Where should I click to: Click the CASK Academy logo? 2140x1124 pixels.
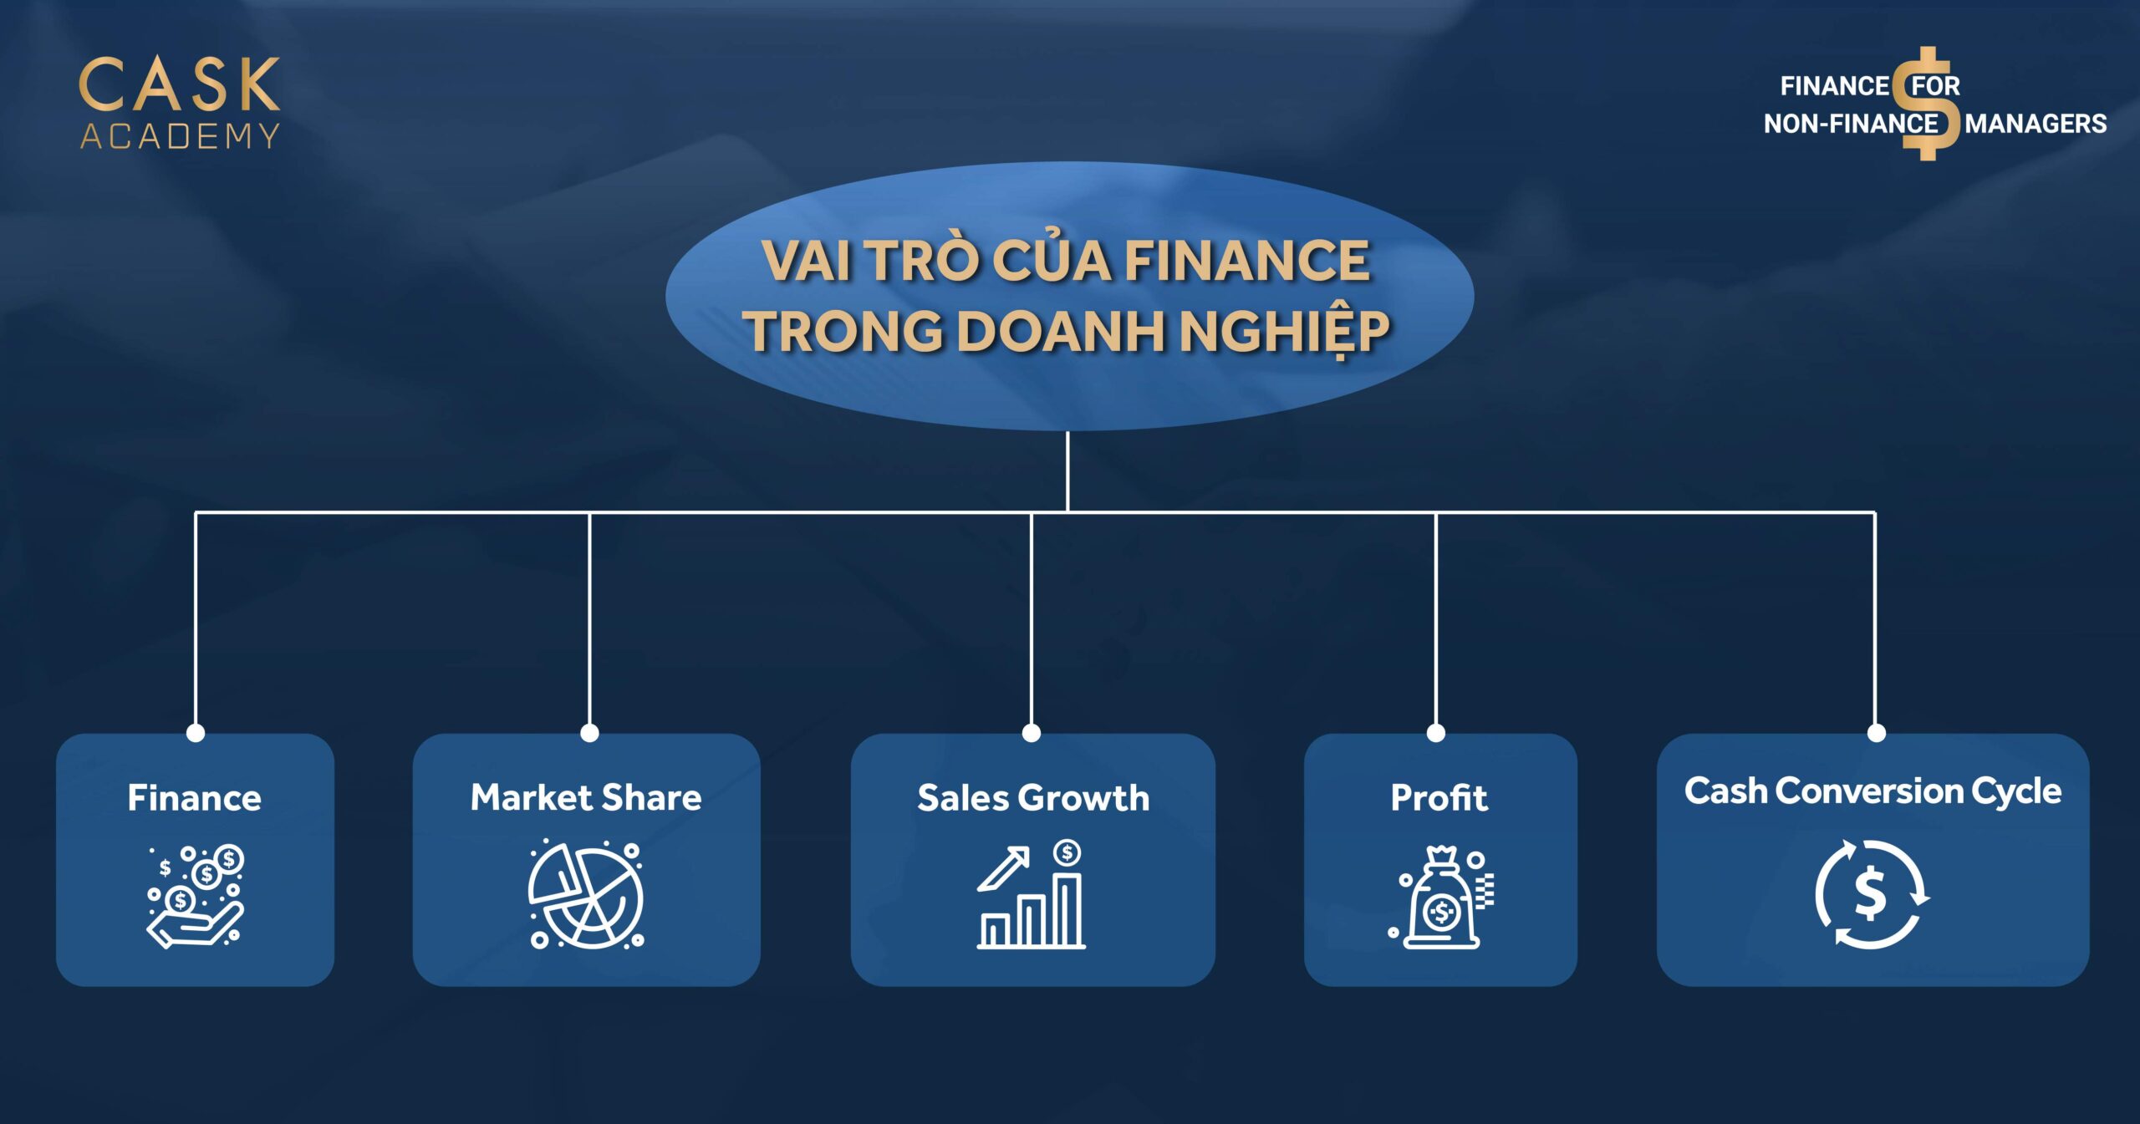click(x=180, y=103)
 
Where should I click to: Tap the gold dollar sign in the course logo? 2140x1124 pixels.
click(x=1927, y=104)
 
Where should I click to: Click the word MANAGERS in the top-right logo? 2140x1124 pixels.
click(x=2036, y=124)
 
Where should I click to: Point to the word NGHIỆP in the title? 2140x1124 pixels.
click(x=1283, y=332)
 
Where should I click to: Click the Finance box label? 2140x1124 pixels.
click(x=195, y=798)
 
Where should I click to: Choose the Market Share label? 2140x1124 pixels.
click(x=586, y=797)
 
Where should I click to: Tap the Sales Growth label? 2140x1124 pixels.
click(x=1033, y=798)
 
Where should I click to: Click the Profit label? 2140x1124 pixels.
click(x=1439, y=798)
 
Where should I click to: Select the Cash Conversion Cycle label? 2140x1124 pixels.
click(x=1872, y=791)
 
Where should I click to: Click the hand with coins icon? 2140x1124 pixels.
click(x=196, y=896)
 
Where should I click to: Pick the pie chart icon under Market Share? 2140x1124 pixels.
click(x=586, y=895)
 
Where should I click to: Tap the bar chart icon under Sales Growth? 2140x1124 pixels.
click(x=1032, y=895)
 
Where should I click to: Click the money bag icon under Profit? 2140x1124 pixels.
click(x=1441, y=898)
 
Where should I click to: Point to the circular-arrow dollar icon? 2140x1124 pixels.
click(x=1872, y=895)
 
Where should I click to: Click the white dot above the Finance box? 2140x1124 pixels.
click(x=196, y=733)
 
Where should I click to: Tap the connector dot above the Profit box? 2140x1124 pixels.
click(x=1436, y=733)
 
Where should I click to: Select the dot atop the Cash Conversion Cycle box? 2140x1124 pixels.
click(x=1877, y=733)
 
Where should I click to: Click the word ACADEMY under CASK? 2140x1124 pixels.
click(x=180, y=136)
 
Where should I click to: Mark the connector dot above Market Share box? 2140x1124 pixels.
click(x=589, y=733)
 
